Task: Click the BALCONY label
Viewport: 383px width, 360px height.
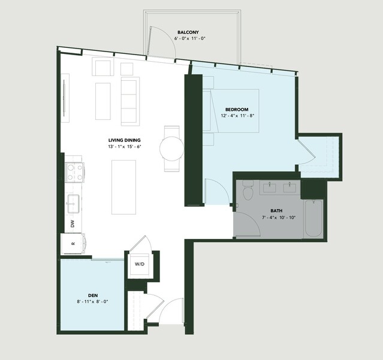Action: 188,32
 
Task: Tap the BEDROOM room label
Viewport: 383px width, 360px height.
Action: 237,110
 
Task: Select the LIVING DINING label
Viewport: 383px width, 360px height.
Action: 125,140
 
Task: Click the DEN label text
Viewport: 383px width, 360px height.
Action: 93,295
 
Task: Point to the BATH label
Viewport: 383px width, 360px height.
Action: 276,211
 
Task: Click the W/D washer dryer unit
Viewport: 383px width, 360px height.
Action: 140,264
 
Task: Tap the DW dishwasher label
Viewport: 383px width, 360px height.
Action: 73,224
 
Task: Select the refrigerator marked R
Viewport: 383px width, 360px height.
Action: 73,243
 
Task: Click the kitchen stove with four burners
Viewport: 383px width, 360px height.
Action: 75,173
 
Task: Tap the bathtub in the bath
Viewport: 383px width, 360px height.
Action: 313,219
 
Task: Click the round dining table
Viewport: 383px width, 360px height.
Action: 171,149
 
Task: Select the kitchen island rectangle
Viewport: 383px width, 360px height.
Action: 124,187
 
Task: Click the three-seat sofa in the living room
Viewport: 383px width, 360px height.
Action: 130,101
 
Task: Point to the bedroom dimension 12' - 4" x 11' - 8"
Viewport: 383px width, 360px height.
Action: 238,116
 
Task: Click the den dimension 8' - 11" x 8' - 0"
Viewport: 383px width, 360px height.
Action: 92,302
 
